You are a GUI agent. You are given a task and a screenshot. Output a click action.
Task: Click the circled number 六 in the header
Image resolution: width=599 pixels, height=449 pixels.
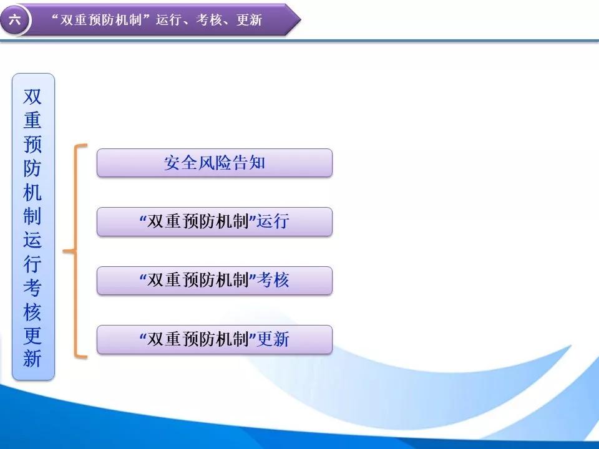click(x=14, y=19)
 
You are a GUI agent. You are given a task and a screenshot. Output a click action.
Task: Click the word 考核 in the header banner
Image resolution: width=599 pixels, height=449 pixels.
click(x=208, y=19)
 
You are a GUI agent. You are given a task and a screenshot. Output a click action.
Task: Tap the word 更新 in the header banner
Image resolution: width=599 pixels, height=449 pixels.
click(x=249, y=19)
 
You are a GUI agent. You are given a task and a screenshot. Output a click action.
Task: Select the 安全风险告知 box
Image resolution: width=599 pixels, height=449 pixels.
click(x=214, y=163)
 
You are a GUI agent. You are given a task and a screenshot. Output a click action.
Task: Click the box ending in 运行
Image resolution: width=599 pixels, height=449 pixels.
click(x=214, y=222)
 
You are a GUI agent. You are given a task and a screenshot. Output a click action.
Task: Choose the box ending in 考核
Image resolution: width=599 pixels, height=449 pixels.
click(x=214, y=281)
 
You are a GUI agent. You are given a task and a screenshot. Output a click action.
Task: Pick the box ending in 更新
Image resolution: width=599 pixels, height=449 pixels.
click(x=214, y=339)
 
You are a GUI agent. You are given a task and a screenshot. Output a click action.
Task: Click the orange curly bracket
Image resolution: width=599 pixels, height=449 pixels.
click(x=75, y=251)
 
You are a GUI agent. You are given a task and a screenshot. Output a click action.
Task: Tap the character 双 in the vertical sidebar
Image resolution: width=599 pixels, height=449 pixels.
click(x=32, y=97)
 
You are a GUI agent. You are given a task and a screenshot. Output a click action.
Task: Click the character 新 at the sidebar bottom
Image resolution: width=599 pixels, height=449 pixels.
click(x=32, y=358)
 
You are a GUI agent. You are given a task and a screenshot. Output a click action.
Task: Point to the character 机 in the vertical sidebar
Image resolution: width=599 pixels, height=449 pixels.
click(x=32, y=191)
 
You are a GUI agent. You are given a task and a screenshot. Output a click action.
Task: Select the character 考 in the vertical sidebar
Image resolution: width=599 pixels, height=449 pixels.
click(x=32, y=287)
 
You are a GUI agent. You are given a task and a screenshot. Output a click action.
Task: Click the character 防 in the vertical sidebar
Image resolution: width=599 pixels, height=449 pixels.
click(x=32, y=168)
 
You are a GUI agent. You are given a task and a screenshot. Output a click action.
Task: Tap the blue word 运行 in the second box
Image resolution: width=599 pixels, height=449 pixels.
click(x=273, y=221)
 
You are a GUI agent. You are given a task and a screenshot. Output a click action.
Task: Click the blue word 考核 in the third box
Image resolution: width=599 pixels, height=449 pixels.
click(x=273, y=280)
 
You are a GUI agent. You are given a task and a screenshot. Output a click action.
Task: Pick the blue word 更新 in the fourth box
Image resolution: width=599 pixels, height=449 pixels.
click(x=273, y=339)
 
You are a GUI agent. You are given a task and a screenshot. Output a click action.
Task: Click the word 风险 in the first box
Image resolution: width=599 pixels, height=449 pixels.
click(x=214, y=163)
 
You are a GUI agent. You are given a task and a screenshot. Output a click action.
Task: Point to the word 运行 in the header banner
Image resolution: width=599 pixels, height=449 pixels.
click(x=168, y=19)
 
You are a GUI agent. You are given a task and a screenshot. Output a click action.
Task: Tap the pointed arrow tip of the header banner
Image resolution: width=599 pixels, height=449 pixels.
click(x=300, y=19)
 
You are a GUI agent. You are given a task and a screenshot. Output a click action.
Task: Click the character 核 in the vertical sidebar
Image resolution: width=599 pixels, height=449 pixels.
click(x=32, y=311)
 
